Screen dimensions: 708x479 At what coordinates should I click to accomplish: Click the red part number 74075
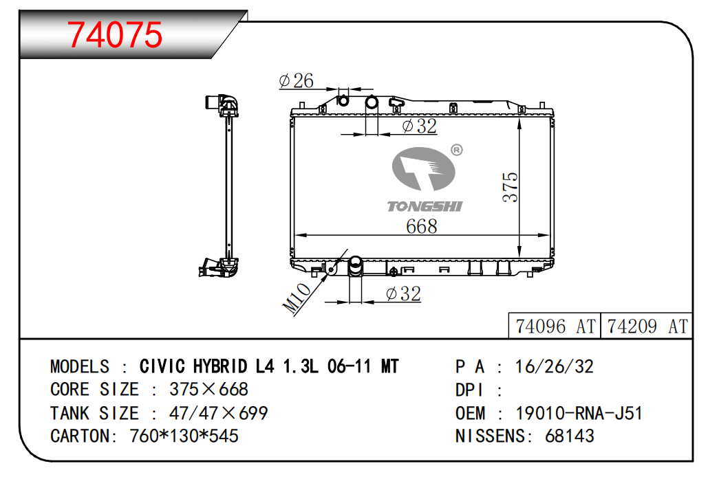pyautogui.click(x=115, y=35)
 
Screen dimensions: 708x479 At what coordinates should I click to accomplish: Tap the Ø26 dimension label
pyautogui.click(x=296, y=81)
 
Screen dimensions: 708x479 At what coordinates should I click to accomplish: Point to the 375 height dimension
pyautogui.click(x=511, y=186)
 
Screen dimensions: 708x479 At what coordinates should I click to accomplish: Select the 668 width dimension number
pyautogui.click(x=421, y=226)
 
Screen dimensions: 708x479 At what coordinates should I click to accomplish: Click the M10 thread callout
pyautogui.click(x=297, y=298)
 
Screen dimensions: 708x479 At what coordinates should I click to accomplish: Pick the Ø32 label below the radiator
pyautogui.click(x=404, y=294)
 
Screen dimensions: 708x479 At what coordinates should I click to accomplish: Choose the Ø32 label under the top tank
pyautogui.click(x=420, y=126)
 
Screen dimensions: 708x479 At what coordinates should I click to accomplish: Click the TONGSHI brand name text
pyautogui.click(x=425, y=207)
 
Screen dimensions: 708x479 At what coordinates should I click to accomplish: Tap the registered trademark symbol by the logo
pyautogui.click(x=457, y=150)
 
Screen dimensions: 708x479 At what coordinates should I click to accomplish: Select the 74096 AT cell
pyautogui.click(x=555, y=326)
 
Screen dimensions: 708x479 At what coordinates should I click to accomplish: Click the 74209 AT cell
pyautogui.click(x=647, y=326)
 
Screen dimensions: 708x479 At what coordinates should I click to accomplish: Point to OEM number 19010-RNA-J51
pyautogui.click(x=579, y=413)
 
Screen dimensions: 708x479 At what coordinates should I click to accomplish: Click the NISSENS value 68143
pyautogui.click(x=570, y=436)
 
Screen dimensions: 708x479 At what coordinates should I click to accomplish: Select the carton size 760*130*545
pyautogui.click(x=184, y=436)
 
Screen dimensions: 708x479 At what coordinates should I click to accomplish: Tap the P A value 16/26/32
pyautogui.click(x=554, y=367)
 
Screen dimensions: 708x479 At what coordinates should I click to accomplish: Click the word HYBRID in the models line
pyautogui.click(x=220, y=366)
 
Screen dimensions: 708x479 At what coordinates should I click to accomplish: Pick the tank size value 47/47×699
pyautogui.click(x=219, y=413)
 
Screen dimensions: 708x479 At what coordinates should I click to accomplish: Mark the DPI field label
pyautogui.click(x=469, y=390)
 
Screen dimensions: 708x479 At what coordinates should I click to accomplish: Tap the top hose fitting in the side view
pyautogui.click(x=222, y=105)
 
